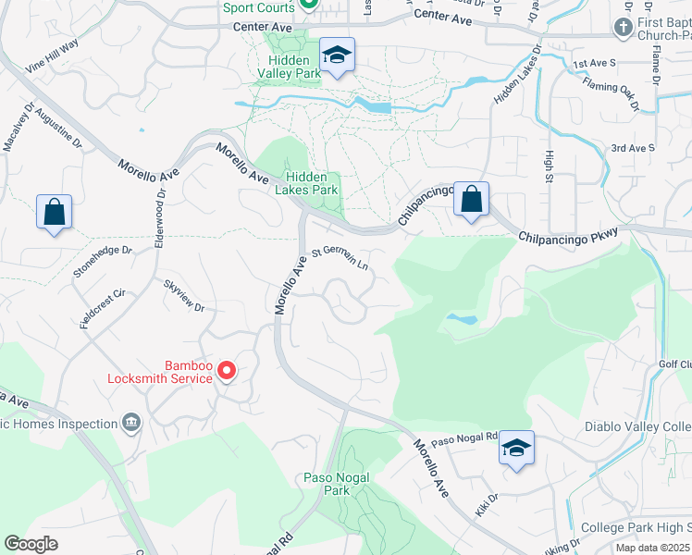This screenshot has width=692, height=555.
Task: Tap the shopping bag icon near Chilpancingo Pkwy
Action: click(471, 199)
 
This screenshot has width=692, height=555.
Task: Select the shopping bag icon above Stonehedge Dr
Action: click(55, 212)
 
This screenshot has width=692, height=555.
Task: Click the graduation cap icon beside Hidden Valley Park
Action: click(337, 55)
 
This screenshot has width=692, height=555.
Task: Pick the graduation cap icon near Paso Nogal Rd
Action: click(516, 449)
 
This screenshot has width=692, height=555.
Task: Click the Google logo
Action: click(31, 544)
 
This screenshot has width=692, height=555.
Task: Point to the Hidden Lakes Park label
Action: click(311, 182)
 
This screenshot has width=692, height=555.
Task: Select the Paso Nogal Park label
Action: click(337, 483)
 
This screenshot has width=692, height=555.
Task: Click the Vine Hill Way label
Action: click(53, 56)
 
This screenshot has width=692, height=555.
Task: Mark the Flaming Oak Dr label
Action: click(611, 92)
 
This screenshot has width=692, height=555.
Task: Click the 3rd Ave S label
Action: click(633, 148)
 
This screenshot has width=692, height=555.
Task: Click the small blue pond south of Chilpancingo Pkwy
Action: click(461, 319)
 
